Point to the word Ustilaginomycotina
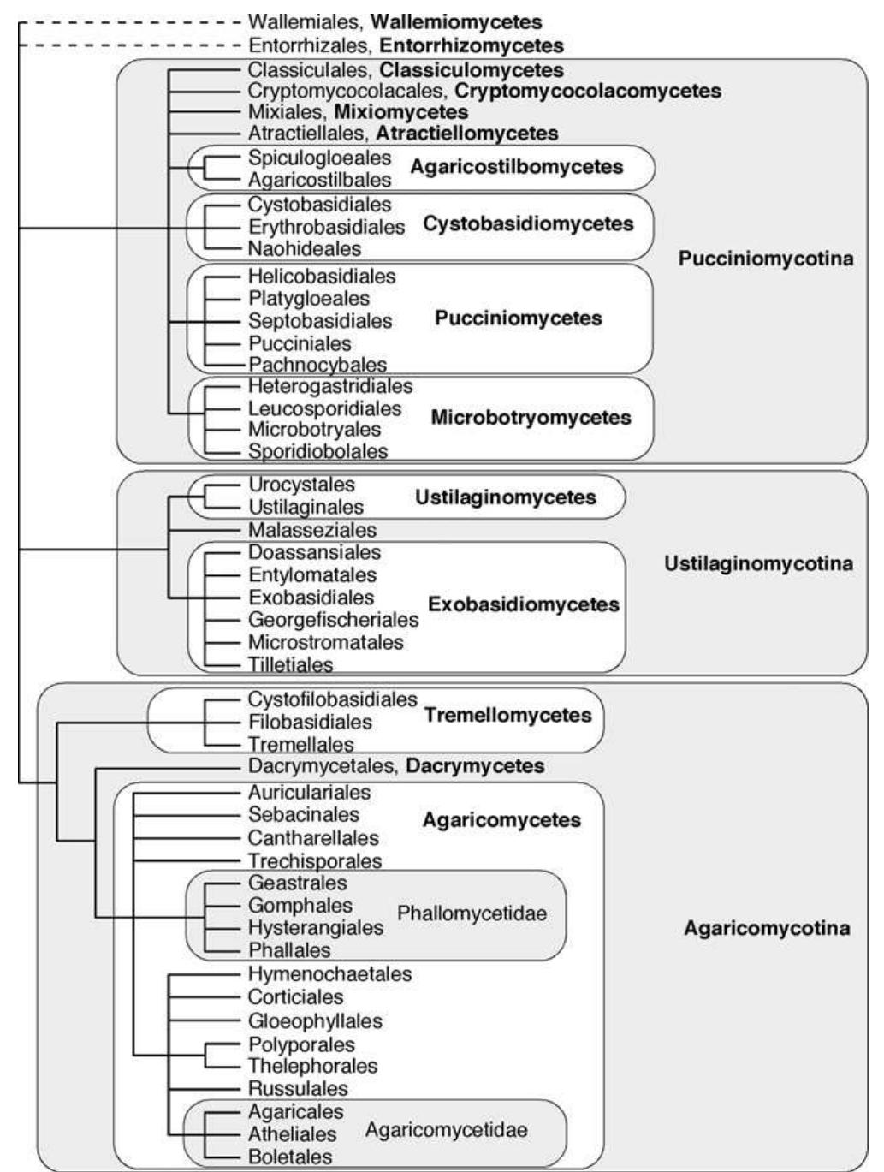click(758, 563)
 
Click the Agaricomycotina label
click(767, 929)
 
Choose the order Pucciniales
click(300, 343)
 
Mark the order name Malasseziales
click(312, 530)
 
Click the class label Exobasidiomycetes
click(523, 604)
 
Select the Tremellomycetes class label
click(507, 715)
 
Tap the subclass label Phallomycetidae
click(472, 914)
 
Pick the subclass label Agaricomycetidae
click(446, 1130)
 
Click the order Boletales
click(290, 1157)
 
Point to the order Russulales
click(298, 1089)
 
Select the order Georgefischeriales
click(333, 619)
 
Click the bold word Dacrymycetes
click(475, 765)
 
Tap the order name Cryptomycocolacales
click(346, 90)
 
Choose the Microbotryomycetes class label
click(531, 418)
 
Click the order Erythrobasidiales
click(326, 227)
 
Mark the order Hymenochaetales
click(329, 974)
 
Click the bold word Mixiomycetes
click(400, 112)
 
